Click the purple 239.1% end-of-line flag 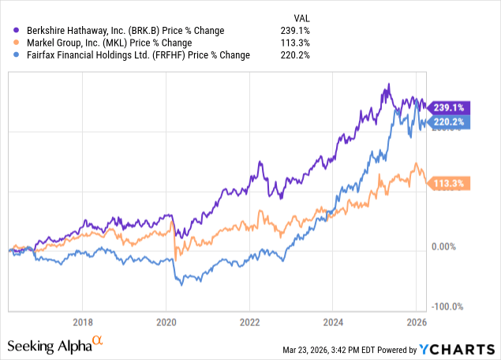(x=449, y=107)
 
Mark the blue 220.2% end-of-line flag (x=449, y=122)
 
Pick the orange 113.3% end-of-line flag (x=449, y=184)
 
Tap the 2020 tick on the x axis (x=166, y=322)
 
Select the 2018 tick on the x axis (x=82, y=322)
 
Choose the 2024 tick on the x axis (x=332, y=322)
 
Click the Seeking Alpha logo (x=55, y=345)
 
